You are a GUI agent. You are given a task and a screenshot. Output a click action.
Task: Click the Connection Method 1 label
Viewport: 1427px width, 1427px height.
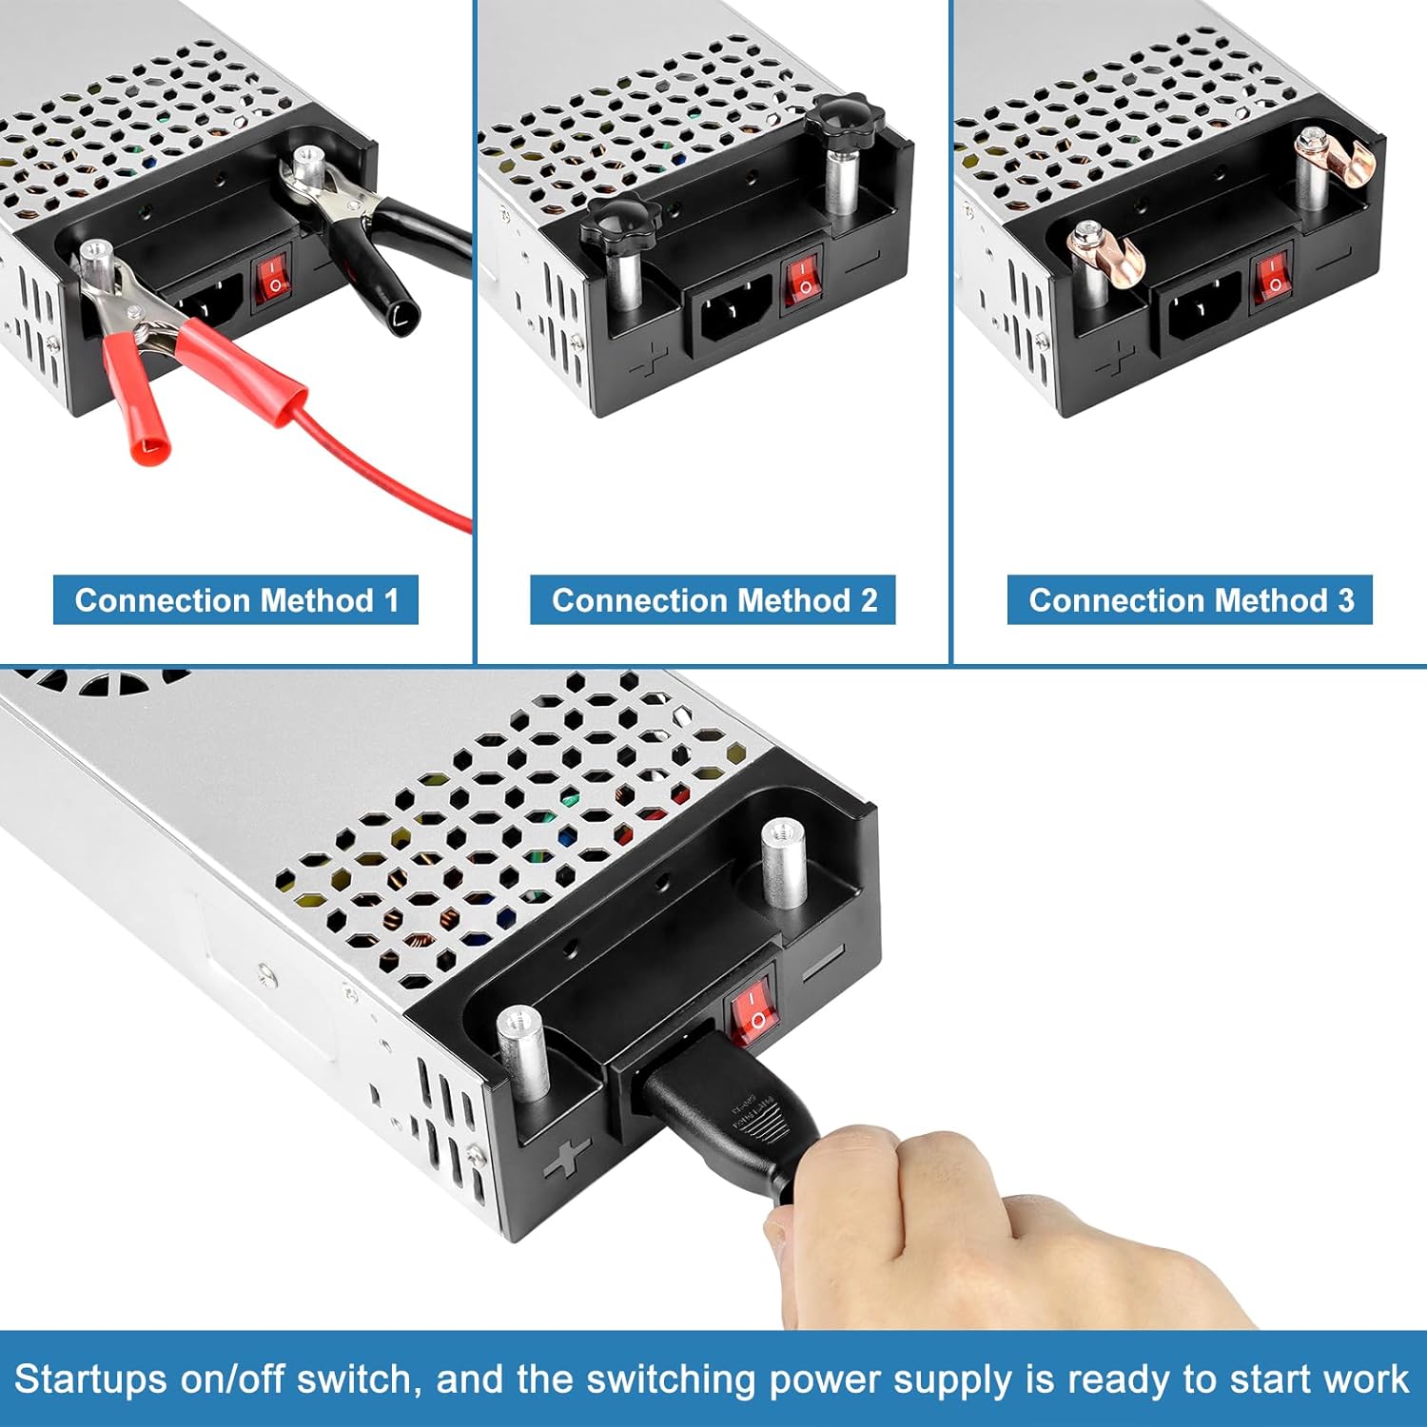click(236, 600)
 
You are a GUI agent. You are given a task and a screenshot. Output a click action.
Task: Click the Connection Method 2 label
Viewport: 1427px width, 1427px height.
click(713, 600)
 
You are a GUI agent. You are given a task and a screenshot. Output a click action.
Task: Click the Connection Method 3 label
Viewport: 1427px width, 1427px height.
click(1190, 600)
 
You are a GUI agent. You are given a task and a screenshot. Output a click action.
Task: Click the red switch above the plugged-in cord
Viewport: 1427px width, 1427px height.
click(753, 1012)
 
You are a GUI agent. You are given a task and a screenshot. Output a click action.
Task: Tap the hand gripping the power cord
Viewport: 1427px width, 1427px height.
click(951, 1227)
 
